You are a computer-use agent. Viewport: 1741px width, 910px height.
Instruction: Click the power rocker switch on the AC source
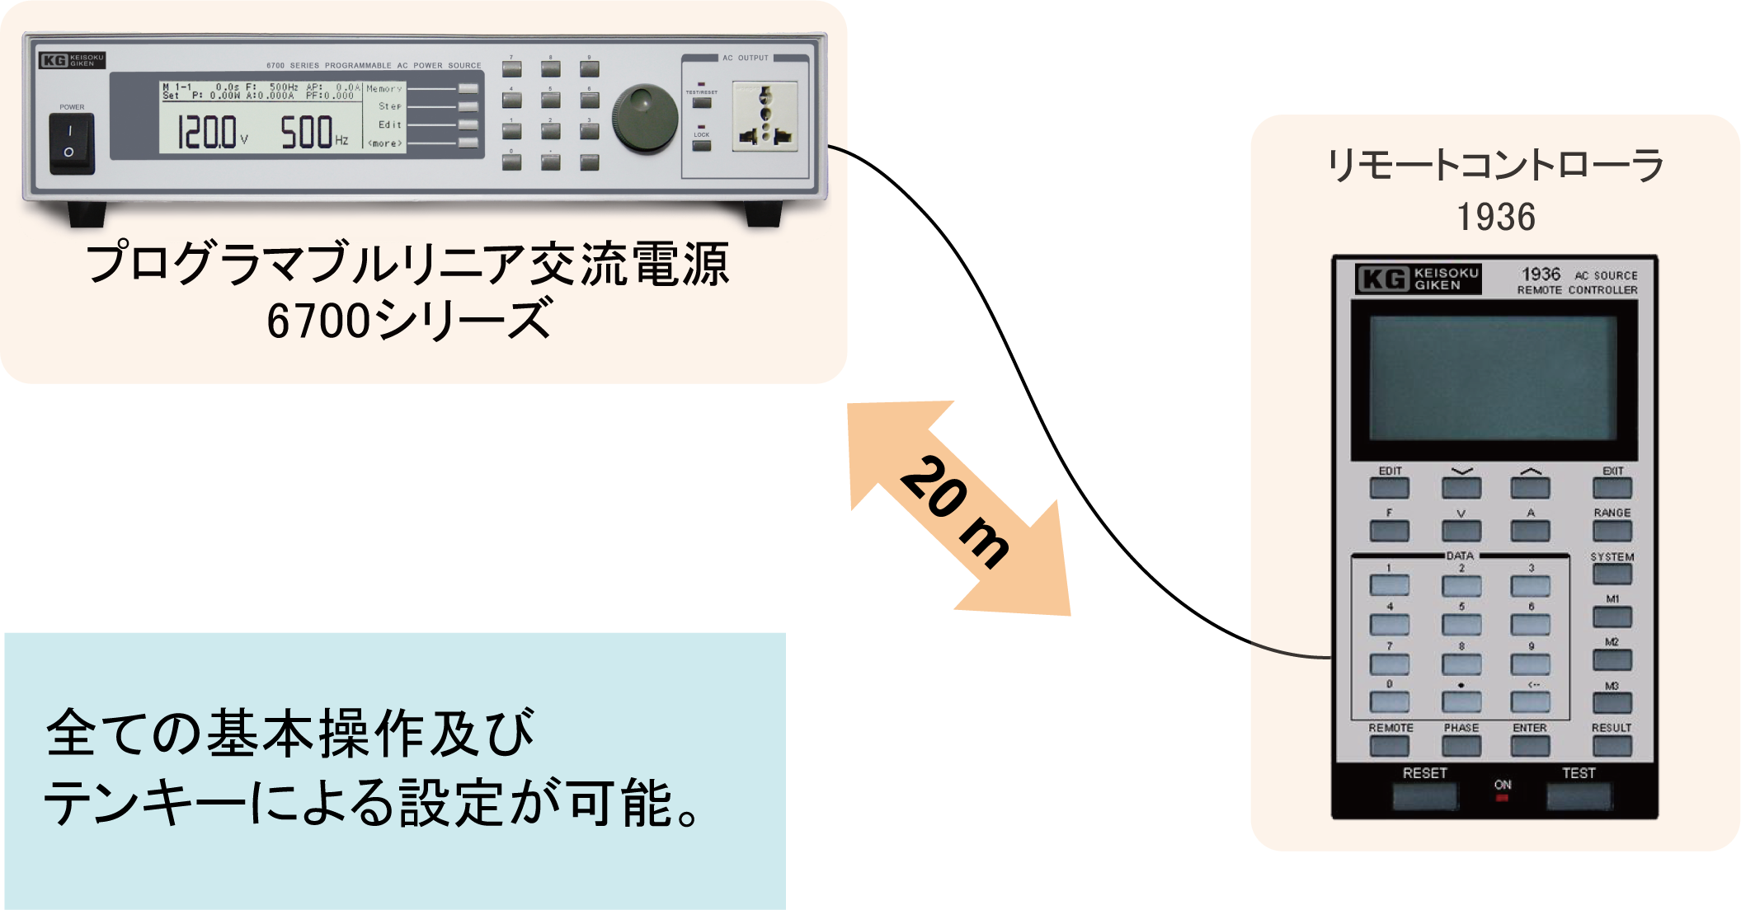tap(72, 143)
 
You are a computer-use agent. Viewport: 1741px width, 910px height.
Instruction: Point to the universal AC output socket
tap(765, 116)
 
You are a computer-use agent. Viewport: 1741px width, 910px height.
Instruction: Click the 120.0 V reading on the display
tap(209, 132)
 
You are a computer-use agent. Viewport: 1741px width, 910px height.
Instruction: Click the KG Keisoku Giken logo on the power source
tap(72, 60)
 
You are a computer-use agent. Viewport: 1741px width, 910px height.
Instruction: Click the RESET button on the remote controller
tap(1424, 795)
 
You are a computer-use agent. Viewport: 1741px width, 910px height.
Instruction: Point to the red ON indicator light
tap(1502, 797)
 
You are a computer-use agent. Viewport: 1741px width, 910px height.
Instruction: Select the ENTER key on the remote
tap(1530, 745)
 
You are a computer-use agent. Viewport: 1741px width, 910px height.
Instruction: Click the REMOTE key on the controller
tap(1390, 745)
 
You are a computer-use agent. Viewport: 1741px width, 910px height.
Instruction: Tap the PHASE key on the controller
tap(1461, 745)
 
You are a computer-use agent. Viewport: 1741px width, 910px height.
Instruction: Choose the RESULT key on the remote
tap(1612, 745)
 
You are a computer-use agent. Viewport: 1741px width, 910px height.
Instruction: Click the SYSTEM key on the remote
tap(1612, 574)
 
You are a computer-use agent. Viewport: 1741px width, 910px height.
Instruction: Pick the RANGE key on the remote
tap(1612, 530)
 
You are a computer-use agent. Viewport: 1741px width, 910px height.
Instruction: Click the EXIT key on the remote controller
tap(1612, 488)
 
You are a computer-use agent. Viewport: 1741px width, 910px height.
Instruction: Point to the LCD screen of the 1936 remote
tap(1493, 379)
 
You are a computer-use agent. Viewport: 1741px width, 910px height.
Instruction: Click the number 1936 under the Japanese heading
tap(1495, 218)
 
